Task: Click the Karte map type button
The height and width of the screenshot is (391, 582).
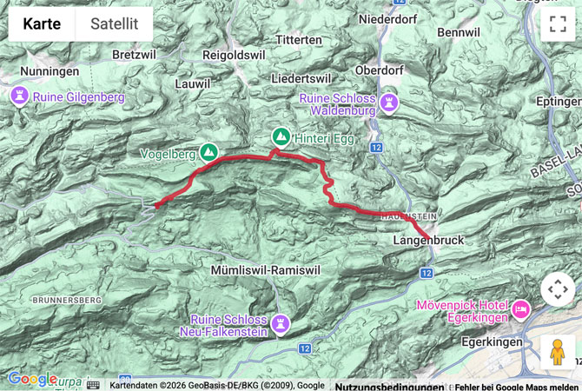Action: [x=42, y=24]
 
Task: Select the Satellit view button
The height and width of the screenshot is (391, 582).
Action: [x=114, y=24]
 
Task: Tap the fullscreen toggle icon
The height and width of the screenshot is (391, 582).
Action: [x=558, y=24]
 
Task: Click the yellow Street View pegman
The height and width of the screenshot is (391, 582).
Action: [x=558, y=352]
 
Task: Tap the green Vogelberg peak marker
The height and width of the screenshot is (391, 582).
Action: [x=208, y=152]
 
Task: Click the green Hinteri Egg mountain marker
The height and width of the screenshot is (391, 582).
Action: [x=281, y=136]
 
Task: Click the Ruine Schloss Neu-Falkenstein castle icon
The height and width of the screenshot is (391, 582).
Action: [x=280, y=324]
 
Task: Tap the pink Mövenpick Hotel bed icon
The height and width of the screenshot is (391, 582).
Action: [x=521, y=308]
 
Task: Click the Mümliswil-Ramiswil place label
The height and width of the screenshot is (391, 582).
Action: [x=266, y=271]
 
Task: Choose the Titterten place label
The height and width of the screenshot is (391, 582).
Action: [x=299, y=40]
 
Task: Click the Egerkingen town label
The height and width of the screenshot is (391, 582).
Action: [x=485, y=342]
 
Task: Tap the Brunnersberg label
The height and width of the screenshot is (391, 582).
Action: [x=67, y=299]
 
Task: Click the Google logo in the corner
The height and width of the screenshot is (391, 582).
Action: [x=32, y=379]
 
